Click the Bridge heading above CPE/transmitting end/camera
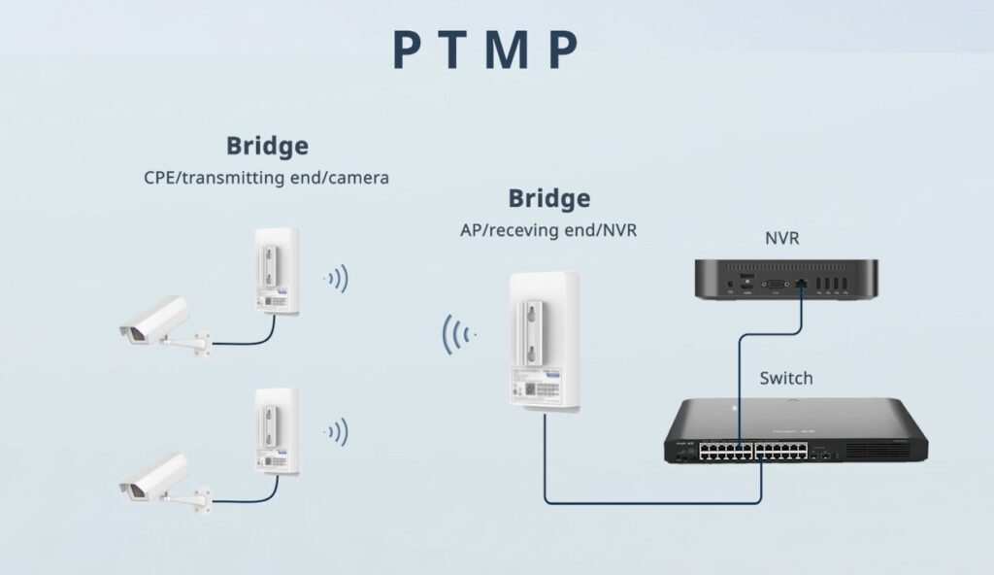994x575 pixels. pyautogui.click(x=267, y=147)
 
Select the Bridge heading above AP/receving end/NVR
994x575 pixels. pyautogui.click(x=548, y=199)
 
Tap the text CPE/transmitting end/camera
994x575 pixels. pyautogui.click(x=266, y=179)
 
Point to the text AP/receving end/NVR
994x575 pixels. pyautogui.click(x=548, y=231)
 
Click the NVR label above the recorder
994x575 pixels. pyautogui.click(x=781, y=237)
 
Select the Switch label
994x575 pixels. pyautogui.click(x=786, y=378)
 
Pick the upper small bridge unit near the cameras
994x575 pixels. pyautogui.click(x=276, y=271)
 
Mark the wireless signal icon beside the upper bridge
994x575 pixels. pyautogui.click(x=337, y=280)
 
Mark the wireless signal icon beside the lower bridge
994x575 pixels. pyautogui.click(x=337, y=431)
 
